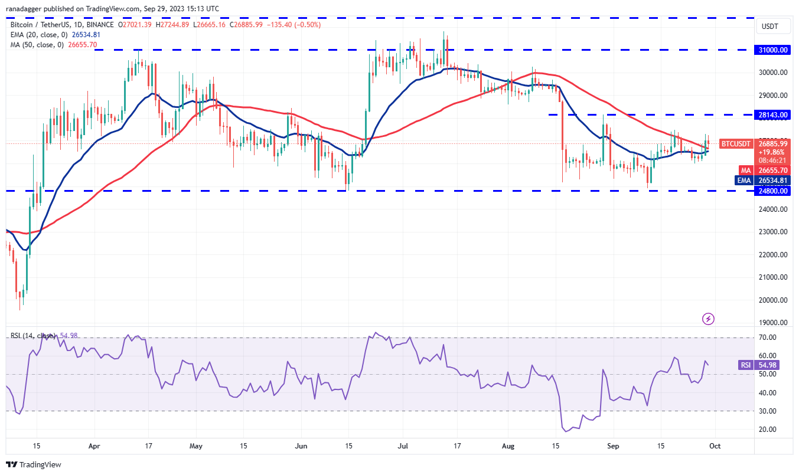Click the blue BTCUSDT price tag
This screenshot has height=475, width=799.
pyautogui.click(x=736, y=143)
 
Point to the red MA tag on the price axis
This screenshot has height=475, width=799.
pyautogui.click(x=745, y=170)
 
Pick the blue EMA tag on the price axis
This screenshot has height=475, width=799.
pyautogui.click(x=744, y=181)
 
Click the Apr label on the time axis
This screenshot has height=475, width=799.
pyautogui.click(x=94, y=447)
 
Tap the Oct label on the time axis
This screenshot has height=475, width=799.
pyautogui.click(x=714, y=447)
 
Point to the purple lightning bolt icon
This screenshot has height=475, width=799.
pyautogui.click(x=709, y=319)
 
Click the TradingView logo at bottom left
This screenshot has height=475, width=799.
pyautogui.click(x=34, y=464)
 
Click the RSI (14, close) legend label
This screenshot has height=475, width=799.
pyautogui.click(x=33, y=336)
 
